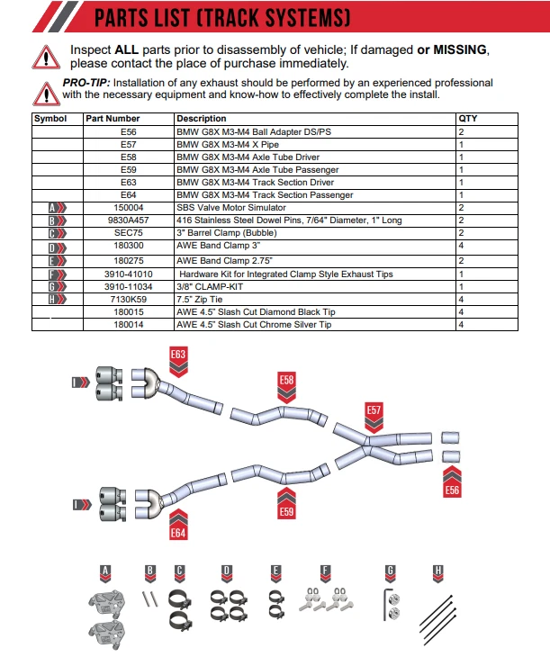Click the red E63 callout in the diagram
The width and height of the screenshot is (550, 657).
(178, 355)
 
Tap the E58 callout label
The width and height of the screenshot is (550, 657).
(286, 381)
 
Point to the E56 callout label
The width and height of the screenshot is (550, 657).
(452, 490)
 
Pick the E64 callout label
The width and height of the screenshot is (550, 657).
(178, 532)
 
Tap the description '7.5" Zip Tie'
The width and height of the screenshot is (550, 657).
(203, 298)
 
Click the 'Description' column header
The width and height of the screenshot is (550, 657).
(202, 119)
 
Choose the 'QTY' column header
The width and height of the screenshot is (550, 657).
(468, 119)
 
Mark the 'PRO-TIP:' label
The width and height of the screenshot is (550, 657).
(86, 83)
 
